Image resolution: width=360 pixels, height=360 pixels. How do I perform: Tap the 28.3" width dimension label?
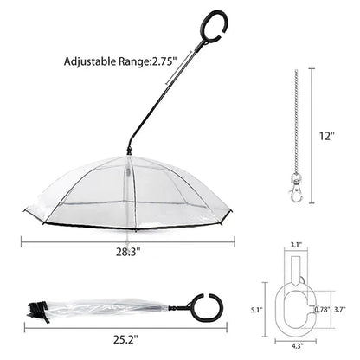pos(125,254)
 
